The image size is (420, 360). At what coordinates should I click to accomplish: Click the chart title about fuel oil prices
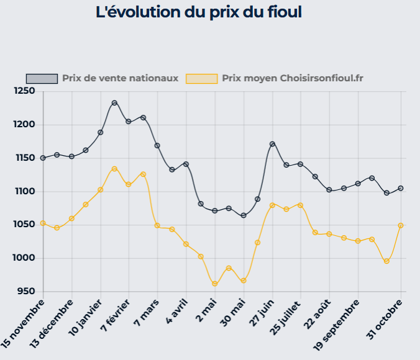coord(199,12)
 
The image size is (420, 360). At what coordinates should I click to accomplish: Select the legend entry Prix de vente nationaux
coord(120,78)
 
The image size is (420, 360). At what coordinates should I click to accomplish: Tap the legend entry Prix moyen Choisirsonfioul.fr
coord(292,78)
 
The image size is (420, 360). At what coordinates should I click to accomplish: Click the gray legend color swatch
coord(42,78)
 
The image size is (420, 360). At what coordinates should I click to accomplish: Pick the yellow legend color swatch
coord(202,78)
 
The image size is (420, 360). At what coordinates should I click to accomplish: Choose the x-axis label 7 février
coord(115,315)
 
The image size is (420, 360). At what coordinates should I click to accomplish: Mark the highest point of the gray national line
coord(115,103)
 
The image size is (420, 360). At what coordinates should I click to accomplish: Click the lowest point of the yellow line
coord(215,284)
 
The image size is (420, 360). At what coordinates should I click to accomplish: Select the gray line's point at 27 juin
coord(272,144)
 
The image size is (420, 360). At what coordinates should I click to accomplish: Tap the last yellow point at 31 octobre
coord(401,225)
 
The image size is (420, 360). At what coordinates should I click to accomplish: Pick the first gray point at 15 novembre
coord(43,158)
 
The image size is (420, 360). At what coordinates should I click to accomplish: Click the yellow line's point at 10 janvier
coord(100,190)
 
